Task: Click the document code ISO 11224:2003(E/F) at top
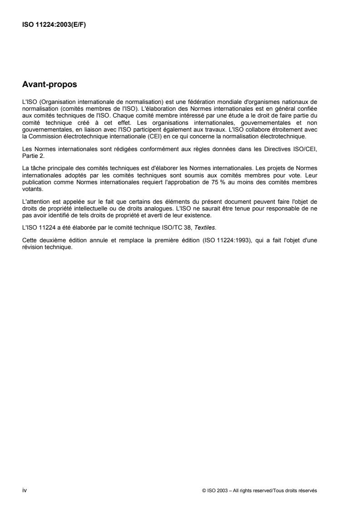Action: pos(54,24)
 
